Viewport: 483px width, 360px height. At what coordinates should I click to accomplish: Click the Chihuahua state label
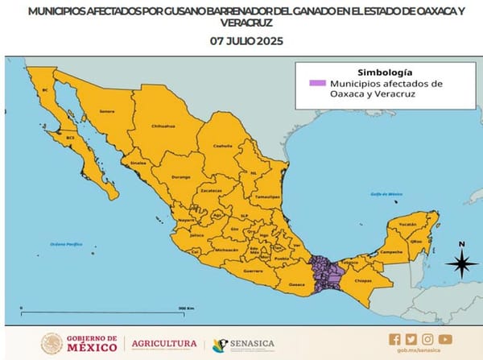click(163, 126)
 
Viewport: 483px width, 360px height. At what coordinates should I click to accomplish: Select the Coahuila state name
click(222, 145)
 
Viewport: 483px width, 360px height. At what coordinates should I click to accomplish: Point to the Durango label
click(181, 176)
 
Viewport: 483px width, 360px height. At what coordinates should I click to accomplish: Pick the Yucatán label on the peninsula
click(408, 224)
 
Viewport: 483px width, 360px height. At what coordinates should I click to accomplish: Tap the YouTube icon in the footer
click(445, 339)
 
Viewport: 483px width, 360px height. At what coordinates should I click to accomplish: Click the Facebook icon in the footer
click(394, 339)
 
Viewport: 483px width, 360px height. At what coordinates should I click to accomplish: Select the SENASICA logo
click(243, 344)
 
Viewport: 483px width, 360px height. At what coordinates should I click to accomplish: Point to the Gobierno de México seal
click(52, 344)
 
